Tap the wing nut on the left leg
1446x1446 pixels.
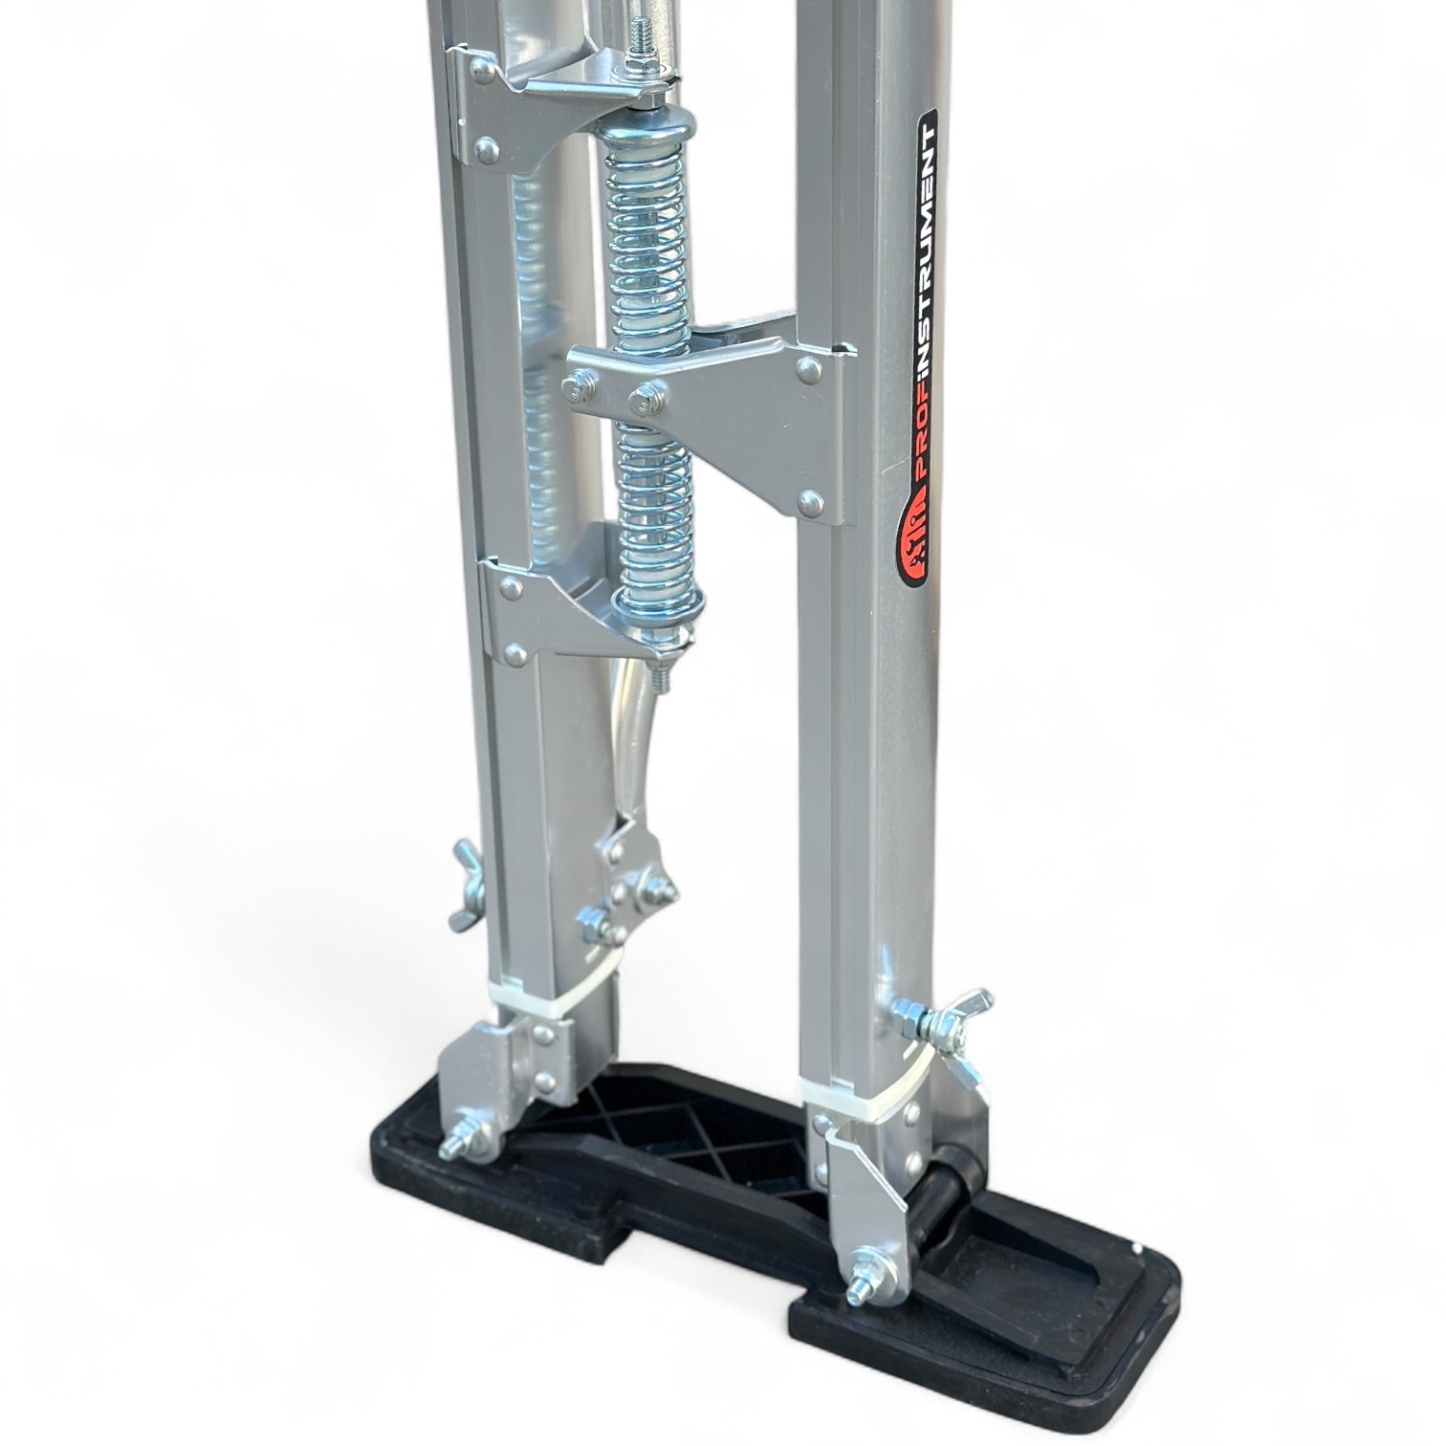click(x=468, y=885)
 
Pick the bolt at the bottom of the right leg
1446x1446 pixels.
click(x=865, y=1277)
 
